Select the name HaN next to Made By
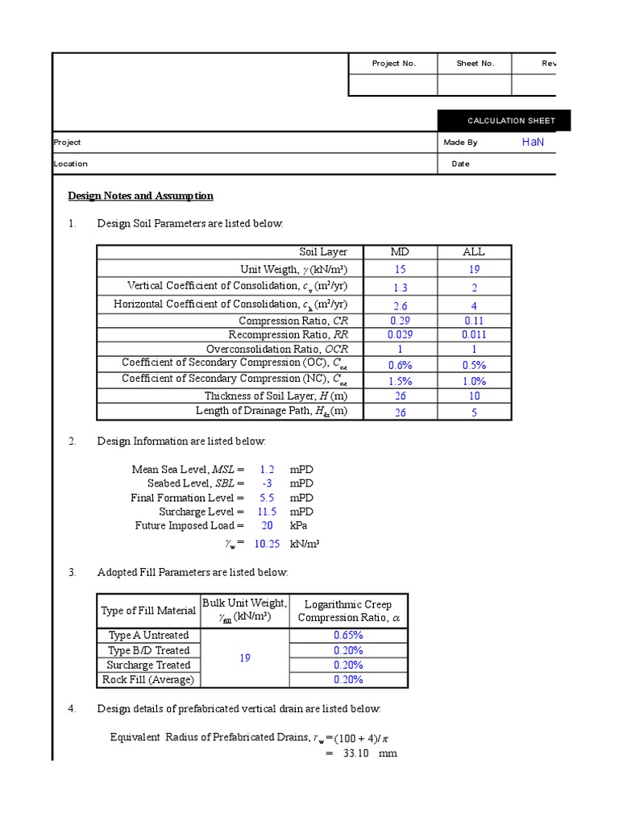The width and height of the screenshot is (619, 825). [533, 142]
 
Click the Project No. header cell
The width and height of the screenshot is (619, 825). [393, 64]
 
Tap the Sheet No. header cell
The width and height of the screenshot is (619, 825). [475, 64]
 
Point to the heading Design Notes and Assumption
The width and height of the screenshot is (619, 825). [140, 196]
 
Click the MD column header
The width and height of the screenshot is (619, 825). [400, 252]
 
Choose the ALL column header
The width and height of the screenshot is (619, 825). [474, 252]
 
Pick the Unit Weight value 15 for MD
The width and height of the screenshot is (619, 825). [400, 270]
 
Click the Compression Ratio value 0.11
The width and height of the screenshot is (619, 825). [474, 321]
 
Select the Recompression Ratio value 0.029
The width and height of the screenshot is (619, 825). [400, 334]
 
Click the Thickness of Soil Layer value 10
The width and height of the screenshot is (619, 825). [474, 396]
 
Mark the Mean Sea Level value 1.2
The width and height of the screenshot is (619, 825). [267, 469]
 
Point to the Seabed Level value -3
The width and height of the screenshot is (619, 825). [267, 483]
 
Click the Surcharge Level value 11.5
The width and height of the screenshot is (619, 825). [267, 512]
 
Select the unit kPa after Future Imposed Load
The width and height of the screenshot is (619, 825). [301, 525]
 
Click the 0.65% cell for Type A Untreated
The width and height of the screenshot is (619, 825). [348, 636]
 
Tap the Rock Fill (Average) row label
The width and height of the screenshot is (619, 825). [148, 679]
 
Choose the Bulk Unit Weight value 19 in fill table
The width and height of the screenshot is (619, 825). [245, 658]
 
